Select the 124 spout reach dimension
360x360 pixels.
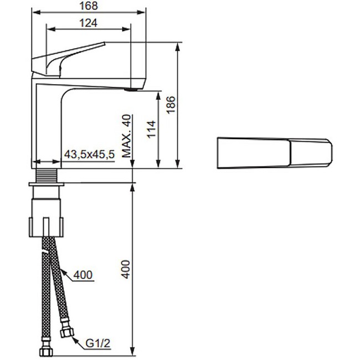[88, 23]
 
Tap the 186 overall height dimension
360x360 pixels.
[171, 104]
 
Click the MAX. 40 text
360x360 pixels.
[127, 136]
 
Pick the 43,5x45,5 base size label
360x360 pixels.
[89, 155]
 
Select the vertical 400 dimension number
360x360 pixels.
[126, 269]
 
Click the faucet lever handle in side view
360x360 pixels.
[66, 55]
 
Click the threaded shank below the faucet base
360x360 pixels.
[45, 176]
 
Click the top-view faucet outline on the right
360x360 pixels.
[275, 152]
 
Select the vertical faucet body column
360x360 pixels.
[45, 127]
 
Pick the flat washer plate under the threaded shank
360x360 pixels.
[45, 184]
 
